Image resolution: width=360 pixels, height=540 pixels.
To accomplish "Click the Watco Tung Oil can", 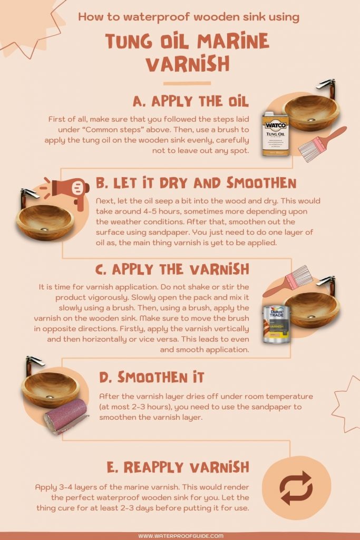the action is point(275,134).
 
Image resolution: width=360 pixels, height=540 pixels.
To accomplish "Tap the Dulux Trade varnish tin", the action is point(276,324).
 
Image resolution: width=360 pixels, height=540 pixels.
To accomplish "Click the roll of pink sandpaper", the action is point(66,416).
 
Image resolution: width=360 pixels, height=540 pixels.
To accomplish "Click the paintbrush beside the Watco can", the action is point(321,144).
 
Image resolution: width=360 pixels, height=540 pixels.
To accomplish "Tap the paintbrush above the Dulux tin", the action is point(287,281).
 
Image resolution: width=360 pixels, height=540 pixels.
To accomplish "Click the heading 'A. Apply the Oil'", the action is point(191,101).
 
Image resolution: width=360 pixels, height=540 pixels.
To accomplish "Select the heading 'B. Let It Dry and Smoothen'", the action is point(196,183).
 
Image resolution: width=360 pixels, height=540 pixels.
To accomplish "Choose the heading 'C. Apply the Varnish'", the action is point(172,269).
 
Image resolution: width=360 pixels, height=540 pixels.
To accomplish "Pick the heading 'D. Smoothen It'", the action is point(151,377).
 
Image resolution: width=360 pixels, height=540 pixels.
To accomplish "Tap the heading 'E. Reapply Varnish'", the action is point(178,467).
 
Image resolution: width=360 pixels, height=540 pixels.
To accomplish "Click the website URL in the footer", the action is point(181,536).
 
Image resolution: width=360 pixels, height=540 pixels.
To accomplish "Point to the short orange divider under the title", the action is point(187,83).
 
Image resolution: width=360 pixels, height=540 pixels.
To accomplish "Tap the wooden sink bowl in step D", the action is point(51,389).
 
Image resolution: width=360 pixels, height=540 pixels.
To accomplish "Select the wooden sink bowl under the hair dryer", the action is point(45,222).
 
